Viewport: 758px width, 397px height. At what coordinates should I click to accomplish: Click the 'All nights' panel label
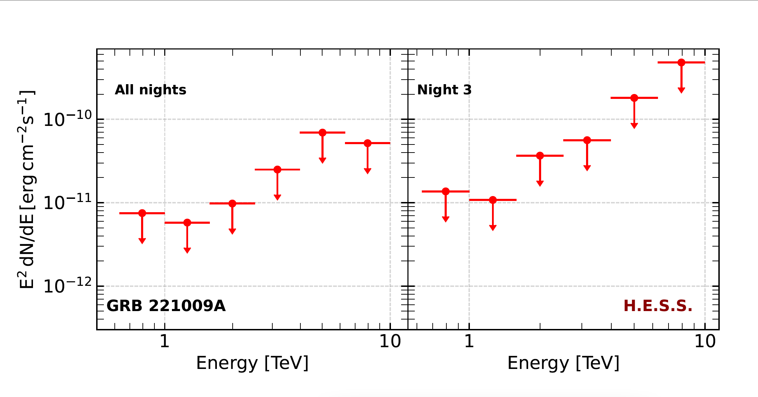150,90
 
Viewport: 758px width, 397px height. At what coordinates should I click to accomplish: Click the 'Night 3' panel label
444,90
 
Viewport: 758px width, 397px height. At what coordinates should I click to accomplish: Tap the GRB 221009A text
166,306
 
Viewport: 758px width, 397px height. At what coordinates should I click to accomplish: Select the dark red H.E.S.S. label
658,306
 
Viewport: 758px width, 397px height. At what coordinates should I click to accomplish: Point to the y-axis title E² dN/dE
26,189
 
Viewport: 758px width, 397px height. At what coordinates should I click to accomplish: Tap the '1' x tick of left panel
165,341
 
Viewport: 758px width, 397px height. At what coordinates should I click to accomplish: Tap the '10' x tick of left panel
390,341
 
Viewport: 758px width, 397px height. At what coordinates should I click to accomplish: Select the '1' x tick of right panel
469,341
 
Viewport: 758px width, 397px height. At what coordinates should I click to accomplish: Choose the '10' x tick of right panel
705,341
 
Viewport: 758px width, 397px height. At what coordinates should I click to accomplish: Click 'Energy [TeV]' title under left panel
252,363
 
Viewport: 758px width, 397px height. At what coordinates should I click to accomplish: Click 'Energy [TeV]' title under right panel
563,363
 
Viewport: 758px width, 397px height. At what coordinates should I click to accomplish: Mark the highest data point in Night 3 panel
681,62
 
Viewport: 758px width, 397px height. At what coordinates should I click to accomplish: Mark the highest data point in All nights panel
323,133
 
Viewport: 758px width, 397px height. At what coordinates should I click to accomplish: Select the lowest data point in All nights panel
187,223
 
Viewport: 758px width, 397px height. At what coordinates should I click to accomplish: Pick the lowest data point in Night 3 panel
493,200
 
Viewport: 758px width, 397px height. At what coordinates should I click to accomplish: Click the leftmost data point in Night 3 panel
446,191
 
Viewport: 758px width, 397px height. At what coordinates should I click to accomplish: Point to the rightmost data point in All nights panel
367,143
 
